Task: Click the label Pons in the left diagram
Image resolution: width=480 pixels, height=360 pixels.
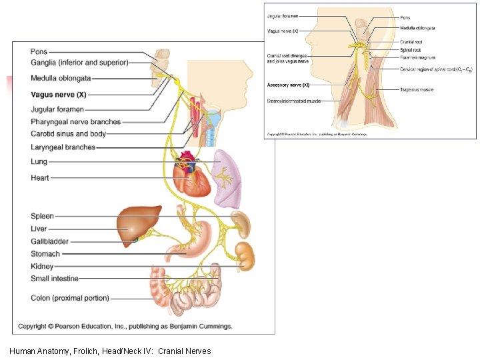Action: point(39,51)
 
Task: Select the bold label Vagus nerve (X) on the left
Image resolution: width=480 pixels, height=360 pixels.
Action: point(59,95)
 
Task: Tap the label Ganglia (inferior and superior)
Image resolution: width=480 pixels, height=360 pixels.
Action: point(79,63)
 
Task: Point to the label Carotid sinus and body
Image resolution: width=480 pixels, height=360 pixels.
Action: point(68,134)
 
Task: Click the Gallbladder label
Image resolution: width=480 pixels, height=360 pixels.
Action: point(49,241)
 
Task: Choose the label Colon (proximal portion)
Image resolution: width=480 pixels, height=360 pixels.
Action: point(70,298)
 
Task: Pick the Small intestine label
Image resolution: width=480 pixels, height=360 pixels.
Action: point(55,279)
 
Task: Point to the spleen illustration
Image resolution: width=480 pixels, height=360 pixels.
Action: point(241,224)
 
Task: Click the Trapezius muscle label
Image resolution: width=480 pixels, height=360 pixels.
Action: point(417,89)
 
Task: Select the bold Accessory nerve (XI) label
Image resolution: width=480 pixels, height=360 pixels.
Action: point(288,85)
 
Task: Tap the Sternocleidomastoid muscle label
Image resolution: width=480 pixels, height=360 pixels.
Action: point(294,101)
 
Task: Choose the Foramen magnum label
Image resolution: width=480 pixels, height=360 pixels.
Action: point(417,58)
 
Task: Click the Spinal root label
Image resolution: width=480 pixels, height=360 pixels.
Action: point(410,50)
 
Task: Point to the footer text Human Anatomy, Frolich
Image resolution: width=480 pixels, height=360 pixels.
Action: point(111,351)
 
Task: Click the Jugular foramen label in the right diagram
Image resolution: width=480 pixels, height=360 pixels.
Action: point(283,16)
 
